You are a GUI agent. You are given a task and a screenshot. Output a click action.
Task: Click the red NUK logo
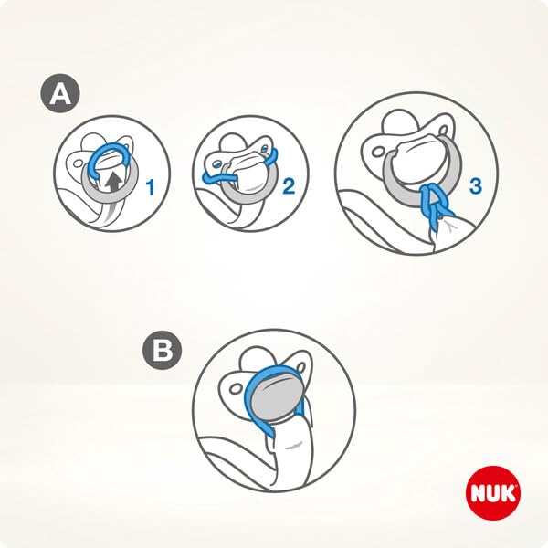click(493, 492)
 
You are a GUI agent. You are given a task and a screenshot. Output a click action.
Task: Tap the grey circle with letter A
click(60, 93)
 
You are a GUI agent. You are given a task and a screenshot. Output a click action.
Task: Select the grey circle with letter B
click(163, 350)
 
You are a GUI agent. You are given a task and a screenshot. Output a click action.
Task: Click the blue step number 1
click(151, 187)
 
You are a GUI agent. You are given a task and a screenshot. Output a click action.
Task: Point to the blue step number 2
click(289, 186)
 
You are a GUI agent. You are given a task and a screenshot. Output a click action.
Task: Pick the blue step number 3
click(475, 186)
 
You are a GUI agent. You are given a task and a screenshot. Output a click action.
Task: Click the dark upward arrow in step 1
click(113, 184)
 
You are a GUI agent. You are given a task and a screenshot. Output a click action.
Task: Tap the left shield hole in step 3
click(377, 153)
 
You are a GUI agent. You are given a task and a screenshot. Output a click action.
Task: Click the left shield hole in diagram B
click(236, 389)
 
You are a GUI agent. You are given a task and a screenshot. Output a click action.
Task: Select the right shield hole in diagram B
click(300, 368)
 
